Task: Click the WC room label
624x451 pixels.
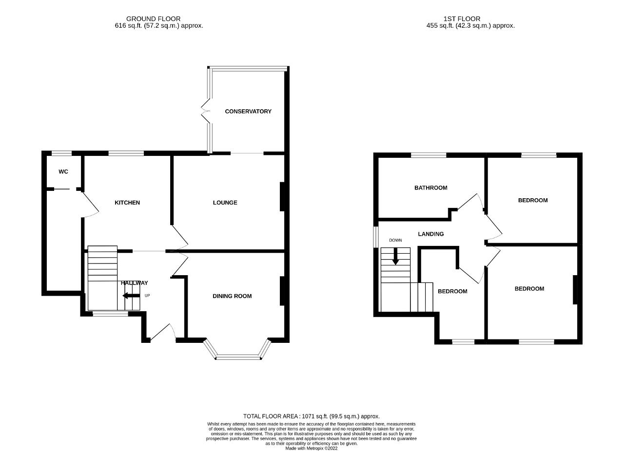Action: [63, 172]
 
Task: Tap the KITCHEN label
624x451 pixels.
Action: [127, 203]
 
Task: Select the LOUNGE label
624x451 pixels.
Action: [225, 203]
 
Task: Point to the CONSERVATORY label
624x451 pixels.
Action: [248, 112]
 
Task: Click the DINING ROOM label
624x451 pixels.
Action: [232, 296]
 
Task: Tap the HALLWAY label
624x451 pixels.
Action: [134, 283]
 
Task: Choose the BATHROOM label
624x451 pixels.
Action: [431, 188]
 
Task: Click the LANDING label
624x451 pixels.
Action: [431, 234]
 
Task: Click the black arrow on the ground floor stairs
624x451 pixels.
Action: [131, 296]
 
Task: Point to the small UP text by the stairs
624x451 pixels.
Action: [147, 296]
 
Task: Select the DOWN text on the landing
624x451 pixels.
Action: [395, 240]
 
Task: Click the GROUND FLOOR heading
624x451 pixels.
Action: [154, 19]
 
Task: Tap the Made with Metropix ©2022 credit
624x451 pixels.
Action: [312, 449]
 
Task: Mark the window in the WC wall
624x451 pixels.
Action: [61, 153]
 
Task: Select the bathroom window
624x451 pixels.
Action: [429, 155]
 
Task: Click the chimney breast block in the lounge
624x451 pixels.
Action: [282, 197]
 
